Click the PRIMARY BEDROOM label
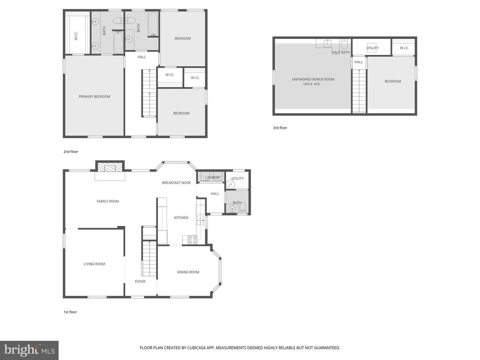(94, 97)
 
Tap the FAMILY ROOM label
(108, 202)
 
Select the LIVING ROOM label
(94, 264)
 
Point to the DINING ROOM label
(188, 272)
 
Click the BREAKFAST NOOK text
(176, 182)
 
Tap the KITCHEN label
(181, 217)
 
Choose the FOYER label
(140, 282)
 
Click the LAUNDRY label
(213, 178)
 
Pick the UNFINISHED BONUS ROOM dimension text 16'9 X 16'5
(313, 84)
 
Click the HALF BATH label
(341, 52)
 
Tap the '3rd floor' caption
(280, 127)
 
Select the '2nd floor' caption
(70, 151)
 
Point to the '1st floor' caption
(70, 312)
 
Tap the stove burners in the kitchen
(192, 240)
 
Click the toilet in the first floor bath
(242, 208)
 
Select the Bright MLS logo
(29, 350)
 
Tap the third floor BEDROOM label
(393, 82)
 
